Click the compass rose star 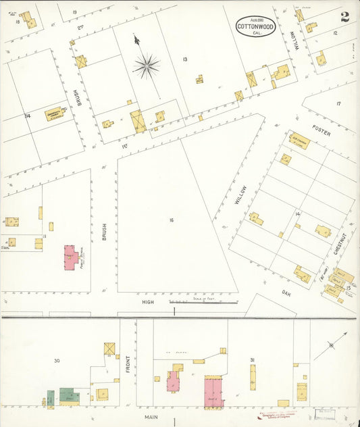tap(146, 66)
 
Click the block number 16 tap(172, 220)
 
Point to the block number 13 tap(184, 60)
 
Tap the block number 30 tap(57, 361)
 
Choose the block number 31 tap(251, 359)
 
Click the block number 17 tap(338, 103)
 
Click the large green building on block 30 tap(69, 395)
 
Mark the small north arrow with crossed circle tap(331, 345)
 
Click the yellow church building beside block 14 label tap(54, 115)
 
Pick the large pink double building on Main tap(214, 392)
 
